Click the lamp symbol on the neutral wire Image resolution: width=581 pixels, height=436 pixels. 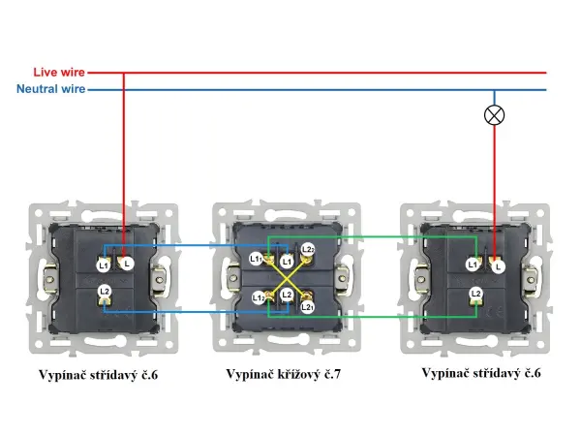click(x=495, y=114)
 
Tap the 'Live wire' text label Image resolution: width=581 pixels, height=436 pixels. click(x=59, y=73)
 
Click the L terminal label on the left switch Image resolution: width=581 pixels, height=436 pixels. click(x=128, y=264)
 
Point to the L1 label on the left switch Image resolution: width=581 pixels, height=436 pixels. click(x=104, y=265)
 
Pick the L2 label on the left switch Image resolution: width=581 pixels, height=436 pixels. click(x=104, y=292)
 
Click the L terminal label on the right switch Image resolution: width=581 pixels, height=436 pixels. click(x=498, y=265)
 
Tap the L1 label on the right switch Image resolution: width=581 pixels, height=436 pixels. click(x=473, y=265)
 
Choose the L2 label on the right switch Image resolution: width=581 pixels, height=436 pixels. click(x=475, y=293)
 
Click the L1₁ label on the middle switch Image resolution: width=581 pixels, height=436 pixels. click(x=257, y=259)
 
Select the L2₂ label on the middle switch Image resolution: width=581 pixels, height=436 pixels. click(x=307, y=250)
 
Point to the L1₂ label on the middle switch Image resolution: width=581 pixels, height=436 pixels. click(x=260, y=297)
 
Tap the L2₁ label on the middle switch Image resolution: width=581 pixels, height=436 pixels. click(x=306, y=306)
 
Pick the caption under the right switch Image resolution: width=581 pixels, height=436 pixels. click(x=481, y=373)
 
